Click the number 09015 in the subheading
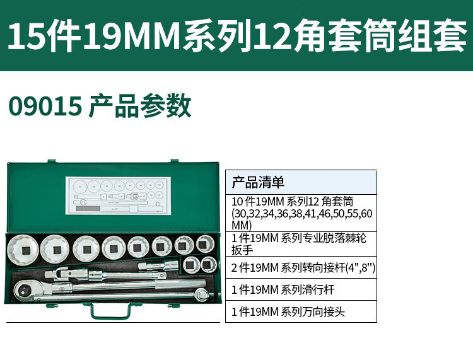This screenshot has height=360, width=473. click(45, 105)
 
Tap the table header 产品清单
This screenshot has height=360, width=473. click(258, 182)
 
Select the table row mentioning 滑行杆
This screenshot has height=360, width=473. click(301, 289)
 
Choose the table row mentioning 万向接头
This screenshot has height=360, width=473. click(301, 311)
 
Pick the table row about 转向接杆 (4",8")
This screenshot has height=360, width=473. click(301, 267)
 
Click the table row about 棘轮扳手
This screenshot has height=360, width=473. click(301, 244)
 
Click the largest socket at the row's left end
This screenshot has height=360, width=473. click(23, 250)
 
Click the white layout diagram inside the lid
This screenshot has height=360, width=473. click(118, 195)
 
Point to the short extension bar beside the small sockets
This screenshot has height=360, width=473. click(158, 265)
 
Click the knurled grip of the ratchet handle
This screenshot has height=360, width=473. click(180, 284)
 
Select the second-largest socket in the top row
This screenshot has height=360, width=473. click(55, 249)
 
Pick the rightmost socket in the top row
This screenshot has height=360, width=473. click(205, 243)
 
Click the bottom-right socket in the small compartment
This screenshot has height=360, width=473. click(209, 264)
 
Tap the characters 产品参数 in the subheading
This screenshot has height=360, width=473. click(140, 105)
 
